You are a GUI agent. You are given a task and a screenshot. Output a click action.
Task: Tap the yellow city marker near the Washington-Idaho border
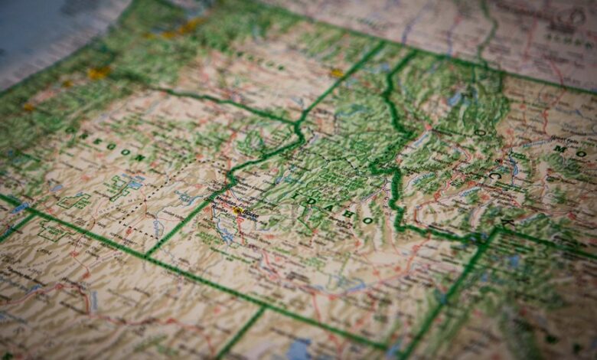click(337, 74)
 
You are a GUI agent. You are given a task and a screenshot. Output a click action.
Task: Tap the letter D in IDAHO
click(312, 201)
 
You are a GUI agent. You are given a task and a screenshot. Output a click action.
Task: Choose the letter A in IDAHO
click(329, 207)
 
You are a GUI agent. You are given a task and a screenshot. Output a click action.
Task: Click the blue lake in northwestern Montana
click(457, 98)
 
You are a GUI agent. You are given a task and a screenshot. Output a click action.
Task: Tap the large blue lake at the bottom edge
click(300, 349)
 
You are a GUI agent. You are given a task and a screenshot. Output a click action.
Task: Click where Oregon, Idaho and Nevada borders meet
click(148, 255)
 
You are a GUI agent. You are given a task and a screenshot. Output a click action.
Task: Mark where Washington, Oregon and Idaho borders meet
click(296, 123)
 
